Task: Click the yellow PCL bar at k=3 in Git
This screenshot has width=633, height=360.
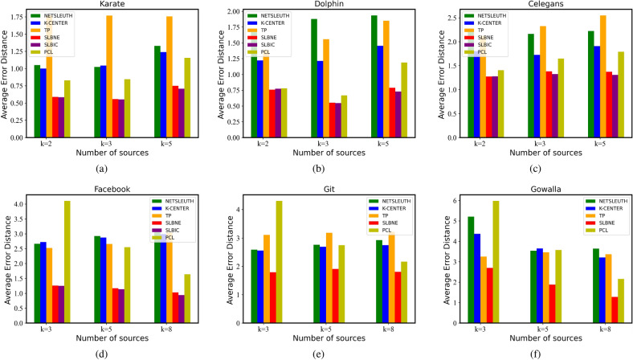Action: tap(280, 262)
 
